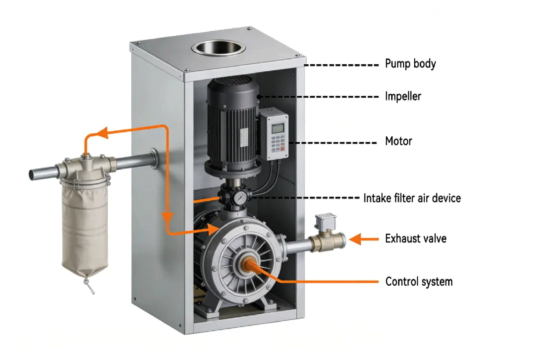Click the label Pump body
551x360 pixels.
(410, 63)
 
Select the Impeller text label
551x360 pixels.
(403, 96)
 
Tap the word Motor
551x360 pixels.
(398, 141)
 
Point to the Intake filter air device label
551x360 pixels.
(412, 198)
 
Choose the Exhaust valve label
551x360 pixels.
(416, 239)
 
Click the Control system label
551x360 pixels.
(419, 281)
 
